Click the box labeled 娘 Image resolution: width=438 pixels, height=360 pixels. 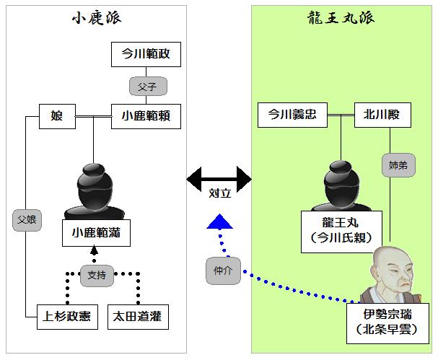pos(57,115)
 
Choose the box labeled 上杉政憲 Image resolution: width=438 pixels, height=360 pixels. pos(67,316)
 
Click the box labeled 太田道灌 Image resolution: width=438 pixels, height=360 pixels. pos(138,316)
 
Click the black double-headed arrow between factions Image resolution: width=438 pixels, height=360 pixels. pos(219,176)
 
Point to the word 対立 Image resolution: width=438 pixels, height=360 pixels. pos(219,195)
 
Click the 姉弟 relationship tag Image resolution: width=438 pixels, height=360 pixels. pos(397,166)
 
